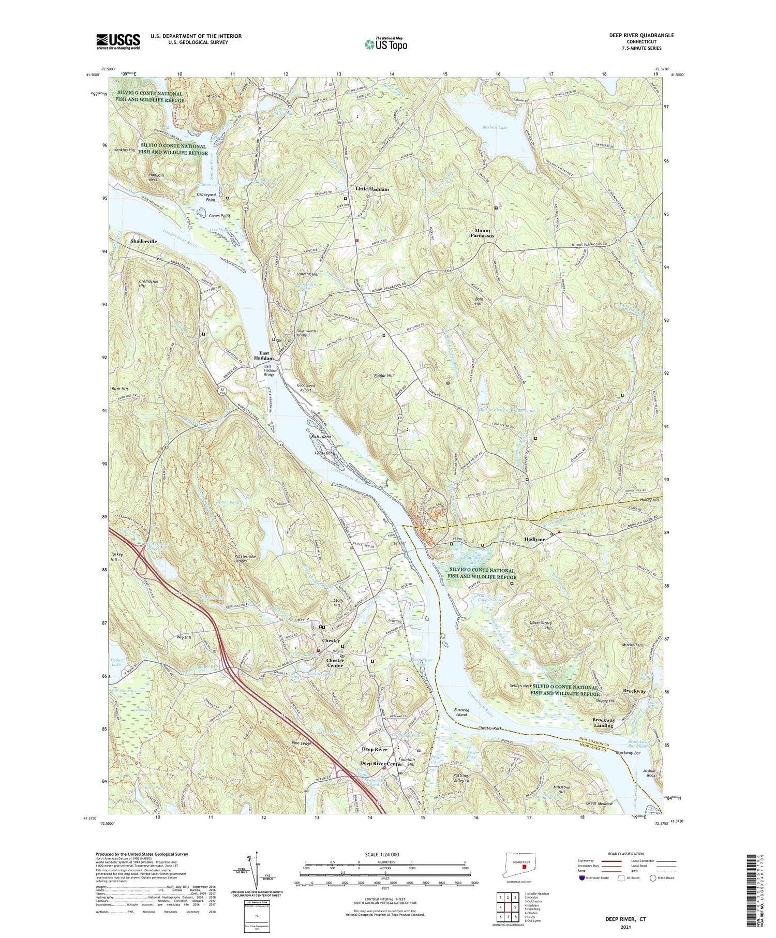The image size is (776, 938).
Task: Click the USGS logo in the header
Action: click(118, 41)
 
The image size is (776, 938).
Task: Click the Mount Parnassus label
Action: click(482, 233)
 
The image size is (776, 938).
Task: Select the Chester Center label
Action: click(335, 663)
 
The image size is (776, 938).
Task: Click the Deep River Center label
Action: click(381, 764)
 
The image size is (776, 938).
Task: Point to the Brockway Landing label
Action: click(603, 722)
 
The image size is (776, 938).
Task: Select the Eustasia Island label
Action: click(461, 712)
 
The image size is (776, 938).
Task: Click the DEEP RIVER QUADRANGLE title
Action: click(642, 35)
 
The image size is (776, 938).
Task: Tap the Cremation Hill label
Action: click(148, 284)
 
